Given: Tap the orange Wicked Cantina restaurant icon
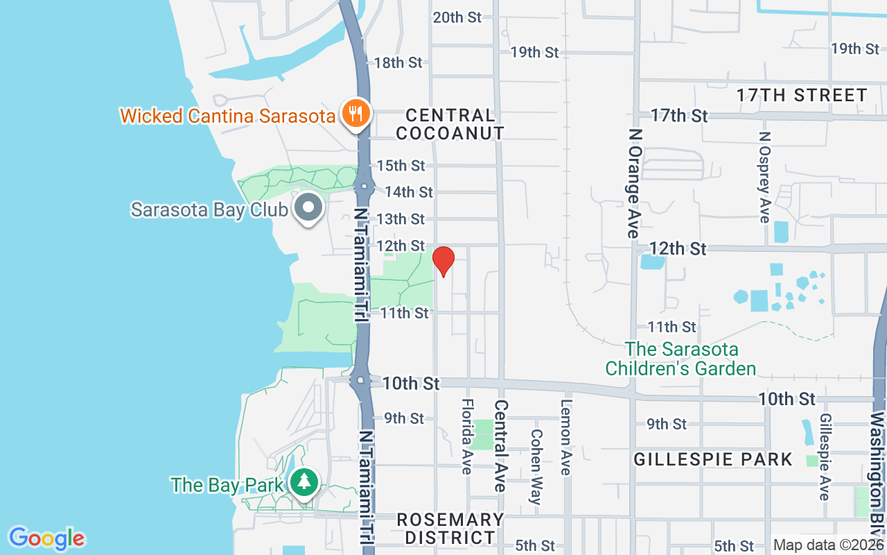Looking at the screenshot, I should tap(356, 112).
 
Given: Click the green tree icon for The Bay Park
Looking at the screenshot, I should tap(304, 482).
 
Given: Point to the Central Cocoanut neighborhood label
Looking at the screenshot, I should tap(450, 123).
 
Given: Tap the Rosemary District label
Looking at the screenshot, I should tap(450, 528).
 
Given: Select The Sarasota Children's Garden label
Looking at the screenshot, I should tap(680, 359).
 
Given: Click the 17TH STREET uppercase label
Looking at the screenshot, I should tap(802, 95).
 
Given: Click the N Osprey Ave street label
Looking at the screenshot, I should tap(764, 178).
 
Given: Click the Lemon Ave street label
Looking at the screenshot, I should tap(566, 437).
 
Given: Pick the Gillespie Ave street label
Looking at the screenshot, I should tap(825, 456).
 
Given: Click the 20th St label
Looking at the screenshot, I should tap(457, 17).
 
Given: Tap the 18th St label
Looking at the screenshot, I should tap(398, 62).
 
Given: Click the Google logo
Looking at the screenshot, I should tap(46, 538).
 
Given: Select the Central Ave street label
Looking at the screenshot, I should tap(501, 445).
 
